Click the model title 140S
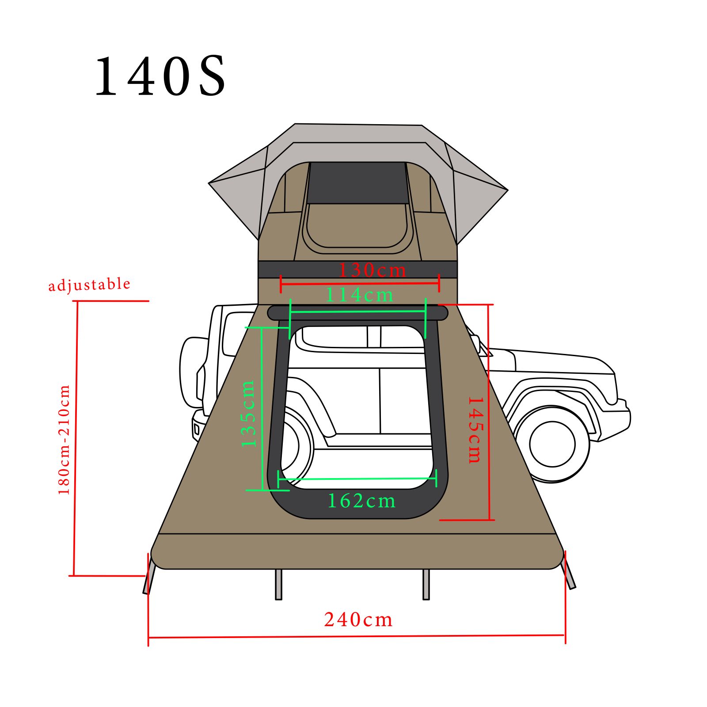click(160, 76)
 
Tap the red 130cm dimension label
click(372, 270)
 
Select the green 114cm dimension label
click(359, 295)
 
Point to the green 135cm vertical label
click(248, 413)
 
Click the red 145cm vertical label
click(475, 430)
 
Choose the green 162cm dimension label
click(361, 501)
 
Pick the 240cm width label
click(358, 620)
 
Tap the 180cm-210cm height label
click(64, 440)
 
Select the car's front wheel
click(552, 444)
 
